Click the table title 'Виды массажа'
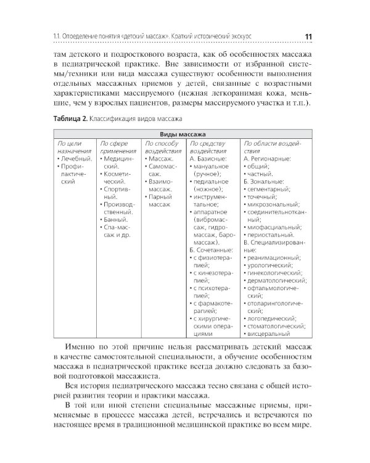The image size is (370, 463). click(x=182, y=133)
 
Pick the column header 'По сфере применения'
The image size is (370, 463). click(x=117, y=146)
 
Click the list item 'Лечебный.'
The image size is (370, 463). click(x=76, y=159)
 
